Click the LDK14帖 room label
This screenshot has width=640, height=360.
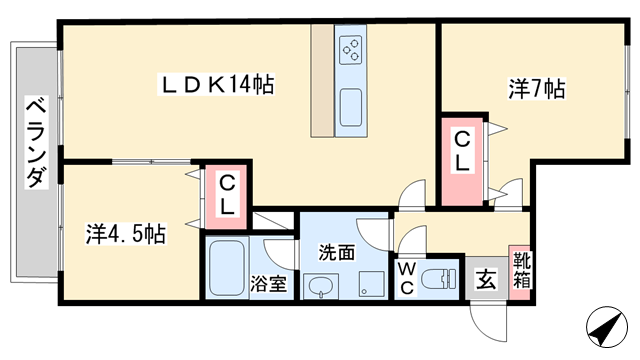[x=216, y=85]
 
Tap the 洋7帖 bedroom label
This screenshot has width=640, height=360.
[x=537, y=89]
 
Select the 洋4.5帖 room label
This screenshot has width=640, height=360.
[x=126, y=234]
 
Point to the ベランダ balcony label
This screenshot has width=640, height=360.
[x=36, y=142]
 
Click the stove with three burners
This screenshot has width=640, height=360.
[x=351, y=50]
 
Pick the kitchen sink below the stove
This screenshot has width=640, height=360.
[x=351, y=107]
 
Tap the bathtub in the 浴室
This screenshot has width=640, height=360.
[x=227, y=269]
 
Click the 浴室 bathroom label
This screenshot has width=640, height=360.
[x=269, y=284]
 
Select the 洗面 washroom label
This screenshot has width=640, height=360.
[x=337, y=253]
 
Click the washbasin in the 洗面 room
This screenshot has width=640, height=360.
[x=321, y=286]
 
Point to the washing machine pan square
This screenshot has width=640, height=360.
[x=371, y=284]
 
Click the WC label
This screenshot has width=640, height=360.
[x=407, y=279]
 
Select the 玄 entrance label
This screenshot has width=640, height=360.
[x=486, y=280]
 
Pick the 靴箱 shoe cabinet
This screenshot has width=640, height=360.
[x=520, y=272]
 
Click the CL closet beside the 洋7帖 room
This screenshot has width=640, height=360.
[x=462, y=162]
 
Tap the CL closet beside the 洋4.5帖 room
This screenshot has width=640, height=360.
[x=226, y=196]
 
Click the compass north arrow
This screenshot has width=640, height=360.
[x=607, y=327]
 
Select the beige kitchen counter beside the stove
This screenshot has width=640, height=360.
[x=322, y=81]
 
